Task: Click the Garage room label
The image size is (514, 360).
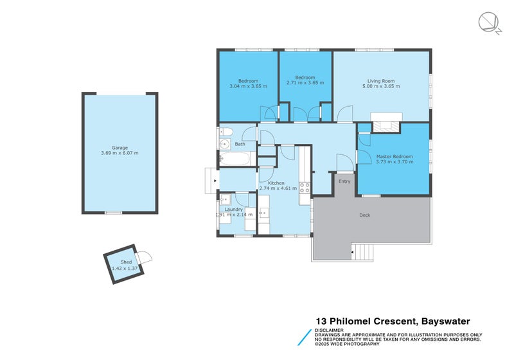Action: coord(120,147)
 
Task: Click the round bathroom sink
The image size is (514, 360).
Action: coord(225,144)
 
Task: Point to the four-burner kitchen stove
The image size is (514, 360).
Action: coord(305,188)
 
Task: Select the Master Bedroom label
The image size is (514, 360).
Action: coord(393,156)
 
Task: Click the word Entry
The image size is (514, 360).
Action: coord(344,181)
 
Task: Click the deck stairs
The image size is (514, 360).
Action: coord(364,251)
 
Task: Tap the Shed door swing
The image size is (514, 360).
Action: coord(146,258)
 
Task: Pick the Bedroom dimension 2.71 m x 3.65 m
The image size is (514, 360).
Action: coord(305,83)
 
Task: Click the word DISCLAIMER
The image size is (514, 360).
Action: coord(329,330)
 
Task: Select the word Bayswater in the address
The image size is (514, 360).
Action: coord(445,321)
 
